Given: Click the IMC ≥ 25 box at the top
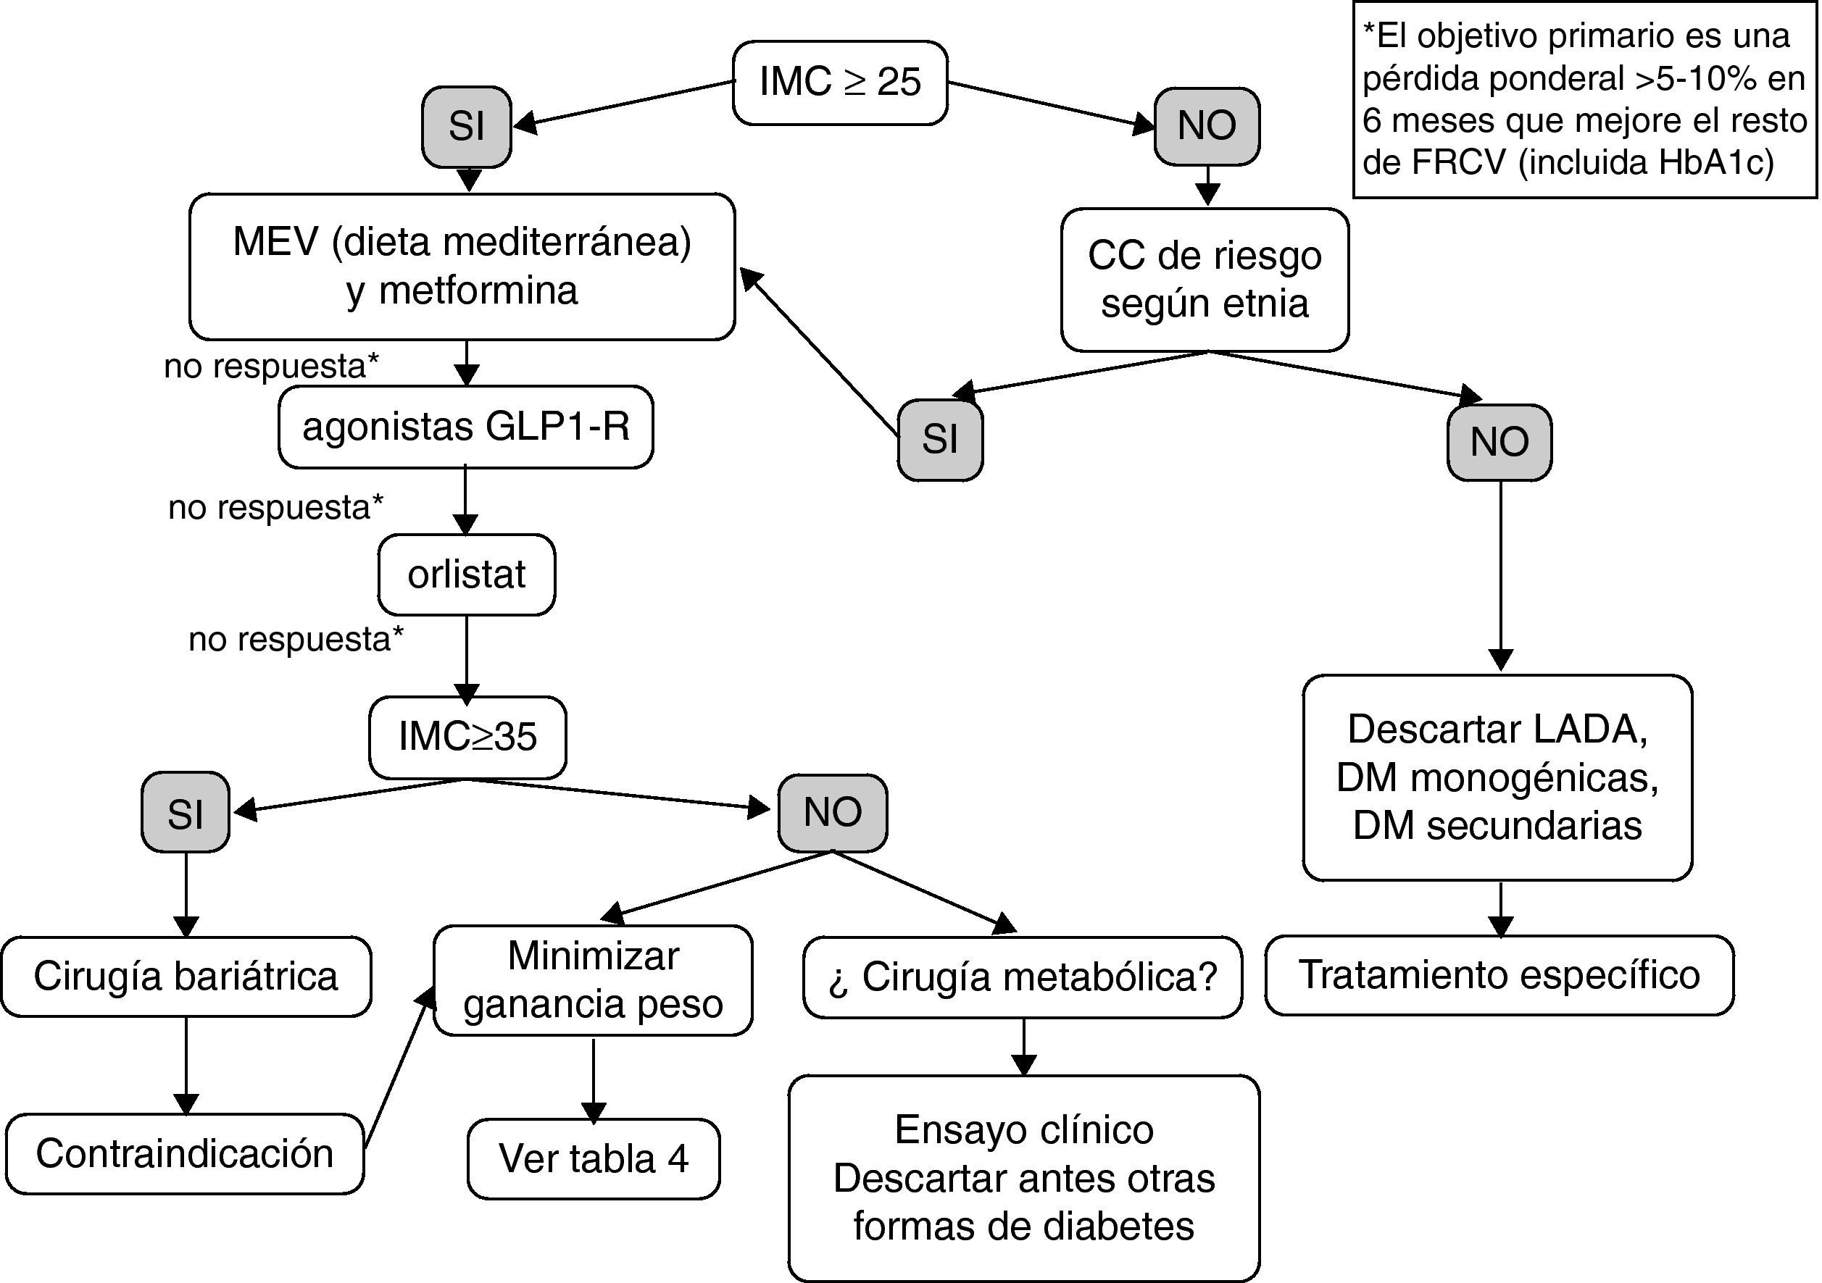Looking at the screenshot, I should click(x=839, y=83).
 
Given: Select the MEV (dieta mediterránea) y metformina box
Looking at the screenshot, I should click(x=462, y=266).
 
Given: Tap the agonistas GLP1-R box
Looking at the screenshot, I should click(x=466, y=427).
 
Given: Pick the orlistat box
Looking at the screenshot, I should click(x=467, y=574).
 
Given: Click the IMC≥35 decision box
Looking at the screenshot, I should click(x=467, y=737).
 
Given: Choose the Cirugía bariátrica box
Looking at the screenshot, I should click(x=186, y=977).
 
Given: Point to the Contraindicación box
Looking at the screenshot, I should click(x=185, y=1153).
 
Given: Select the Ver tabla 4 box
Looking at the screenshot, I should click(x=594, y=1158).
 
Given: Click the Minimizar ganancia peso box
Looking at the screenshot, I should click(x=594, y=980).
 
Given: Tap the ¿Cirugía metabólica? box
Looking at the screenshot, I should click(x=1023, y=977).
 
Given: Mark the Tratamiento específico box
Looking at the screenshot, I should click(x=1499, y=975).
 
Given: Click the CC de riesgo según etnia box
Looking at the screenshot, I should click(x=1205, y=280).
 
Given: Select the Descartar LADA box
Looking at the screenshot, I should click(x=1497, y=777).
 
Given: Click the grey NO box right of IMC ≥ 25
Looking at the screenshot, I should click(x=1207, y=126).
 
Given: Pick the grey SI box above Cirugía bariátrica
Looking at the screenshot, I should click(x=186, y=813).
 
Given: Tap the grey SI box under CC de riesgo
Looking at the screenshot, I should click(x=941, y=440).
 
